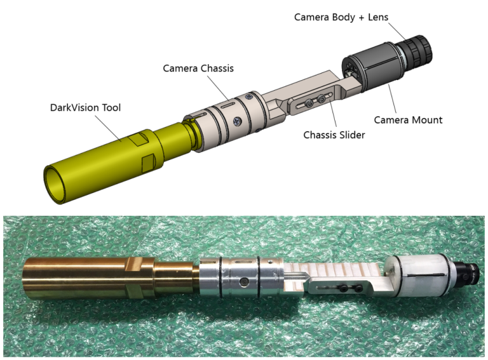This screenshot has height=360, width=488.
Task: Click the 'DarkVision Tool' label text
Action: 85,107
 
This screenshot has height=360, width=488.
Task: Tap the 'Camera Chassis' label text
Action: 198,69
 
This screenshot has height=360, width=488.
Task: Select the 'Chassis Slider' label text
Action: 334,135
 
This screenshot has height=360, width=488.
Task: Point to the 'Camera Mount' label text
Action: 408,120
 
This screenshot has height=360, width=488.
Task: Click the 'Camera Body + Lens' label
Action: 341,17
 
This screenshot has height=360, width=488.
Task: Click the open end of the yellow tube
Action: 56,185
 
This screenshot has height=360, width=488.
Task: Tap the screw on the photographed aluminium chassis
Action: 243,281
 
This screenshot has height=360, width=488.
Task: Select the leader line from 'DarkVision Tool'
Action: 108,128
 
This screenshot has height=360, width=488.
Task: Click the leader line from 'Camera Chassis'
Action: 218,88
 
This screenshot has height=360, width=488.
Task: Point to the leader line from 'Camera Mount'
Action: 392,98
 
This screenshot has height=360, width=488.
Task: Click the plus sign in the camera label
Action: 362,18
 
